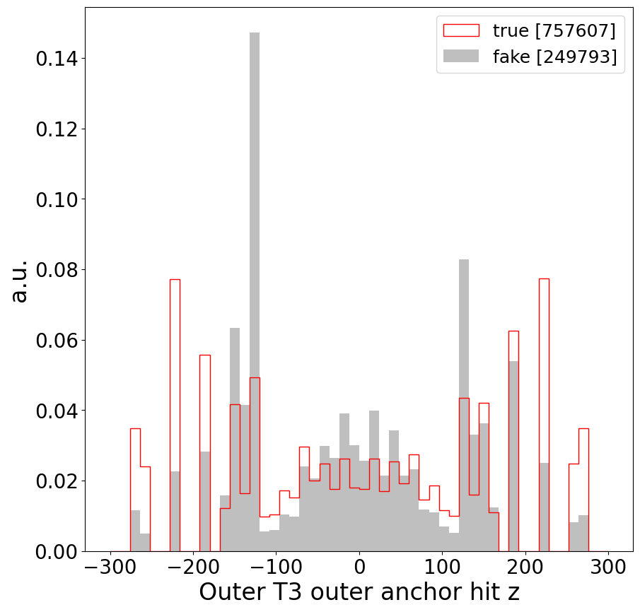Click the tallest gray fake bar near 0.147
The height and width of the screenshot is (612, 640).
point(255,283)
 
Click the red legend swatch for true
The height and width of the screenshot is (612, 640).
point(460,30)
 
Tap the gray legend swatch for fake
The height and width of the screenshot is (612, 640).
point(460,57)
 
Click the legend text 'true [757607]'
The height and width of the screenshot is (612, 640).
point(554,30)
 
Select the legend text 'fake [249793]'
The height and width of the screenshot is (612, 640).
point(554,57)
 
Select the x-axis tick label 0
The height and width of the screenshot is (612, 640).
point(359,568)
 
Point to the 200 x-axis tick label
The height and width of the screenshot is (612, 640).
point(525,568)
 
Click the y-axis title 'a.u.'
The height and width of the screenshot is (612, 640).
point(21,281)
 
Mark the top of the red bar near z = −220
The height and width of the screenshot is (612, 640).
point(175,280)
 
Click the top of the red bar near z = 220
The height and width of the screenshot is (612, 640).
point(544,279)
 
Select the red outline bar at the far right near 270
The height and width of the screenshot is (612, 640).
point(583,488)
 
